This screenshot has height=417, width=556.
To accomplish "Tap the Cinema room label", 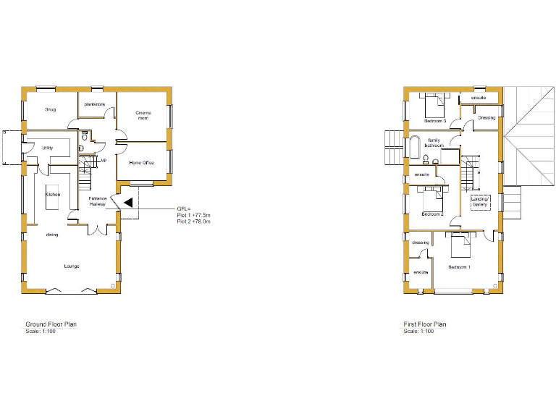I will (x=143, y=115).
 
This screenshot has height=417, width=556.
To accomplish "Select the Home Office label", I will (x=142, y=163).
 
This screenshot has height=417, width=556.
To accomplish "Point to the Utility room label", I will (x=48, y=148).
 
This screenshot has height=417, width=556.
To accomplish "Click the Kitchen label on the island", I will (x=53, y=195).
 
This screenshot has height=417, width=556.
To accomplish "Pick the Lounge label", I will (x=71, y=266).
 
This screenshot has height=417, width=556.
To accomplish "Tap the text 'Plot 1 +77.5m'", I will (x=193, y=215).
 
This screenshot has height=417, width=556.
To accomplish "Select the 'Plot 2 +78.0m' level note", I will (x=193, y=222).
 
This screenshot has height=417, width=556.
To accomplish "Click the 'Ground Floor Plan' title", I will (x=51, y=324).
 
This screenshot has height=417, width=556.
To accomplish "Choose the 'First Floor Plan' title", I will (x=425, y=324).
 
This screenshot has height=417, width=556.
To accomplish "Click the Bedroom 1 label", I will (x=459, y=268).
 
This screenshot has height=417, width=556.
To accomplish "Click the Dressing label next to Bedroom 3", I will (x=486, y=117).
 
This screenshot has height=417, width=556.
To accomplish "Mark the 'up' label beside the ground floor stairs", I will (x=104, y=160).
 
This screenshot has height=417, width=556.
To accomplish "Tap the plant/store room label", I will (x=95, y=105).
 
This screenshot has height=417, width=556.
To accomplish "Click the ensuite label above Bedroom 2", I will (x=422, y=174).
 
